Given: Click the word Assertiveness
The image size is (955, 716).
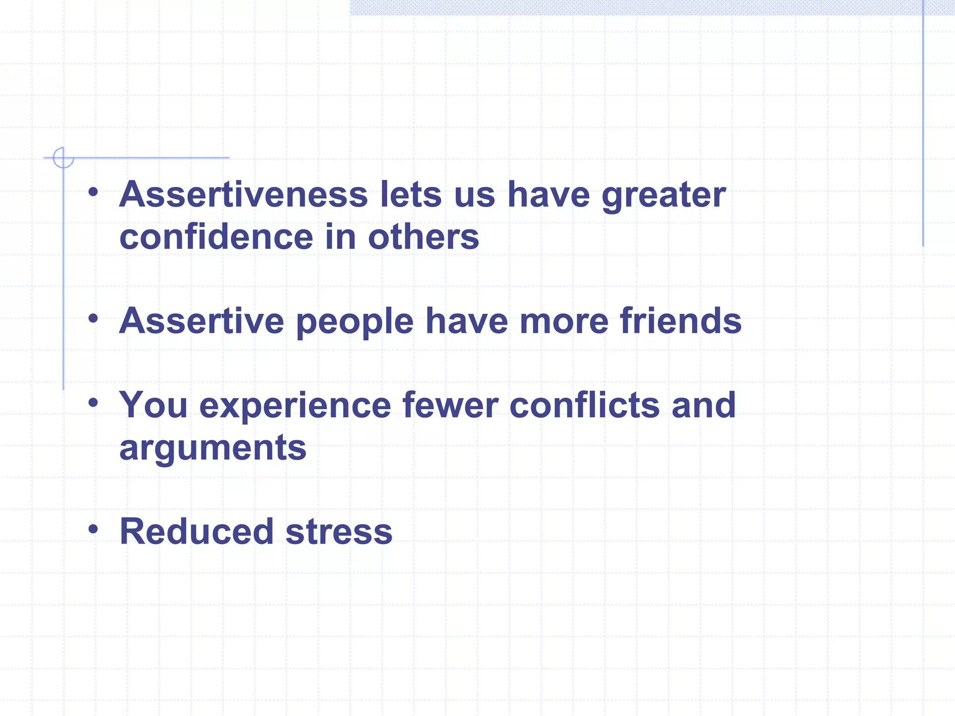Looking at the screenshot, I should tap(243, 194).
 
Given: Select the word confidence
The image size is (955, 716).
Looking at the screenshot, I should tap(216, 237).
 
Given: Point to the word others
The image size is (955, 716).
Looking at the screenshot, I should tap(423, 237).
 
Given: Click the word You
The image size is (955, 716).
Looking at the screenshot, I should tap(153, 405).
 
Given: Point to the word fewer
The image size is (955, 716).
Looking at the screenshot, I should tap(450, 405).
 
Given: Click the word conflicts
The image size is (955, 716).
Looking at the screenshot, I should tap(585, 405).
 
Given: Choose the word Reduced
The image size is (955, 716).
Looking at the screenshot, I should tap(196, 531).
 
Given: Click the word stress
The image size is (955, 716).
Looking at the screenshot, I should tap(339, 532).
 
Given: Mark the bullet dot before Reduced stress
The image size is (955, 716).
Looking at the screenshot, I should tap(93, 529).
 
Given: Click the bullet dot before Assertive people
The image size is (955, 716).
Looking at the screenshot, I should tap(93, 318).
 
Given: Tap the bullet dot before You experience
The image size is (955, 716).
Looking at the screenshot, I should tap(93, 402).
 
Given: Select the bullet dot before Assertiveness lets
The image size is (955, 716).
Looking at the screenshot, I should tap(93, 192).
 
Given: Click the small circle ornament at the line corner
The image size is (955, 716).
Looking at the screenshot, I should tap(63, 158).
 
